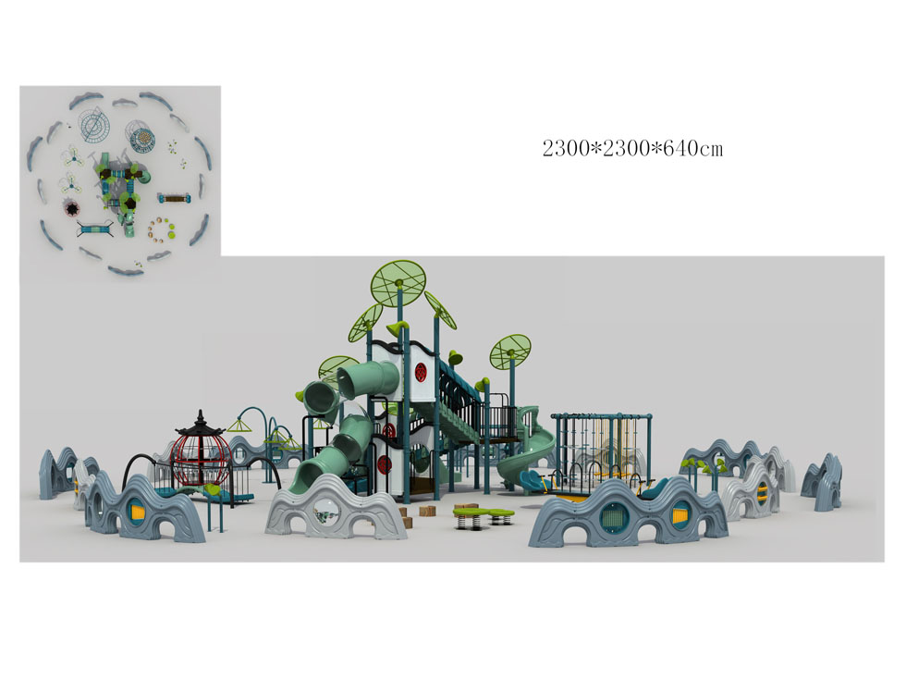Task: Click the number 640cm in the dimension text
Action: point(692,149)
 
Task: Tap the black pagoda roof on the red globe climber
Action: point(200,426)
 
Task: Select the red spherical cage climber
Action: point(200,460)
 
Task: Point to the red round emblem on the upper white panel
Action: point(422,371)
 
